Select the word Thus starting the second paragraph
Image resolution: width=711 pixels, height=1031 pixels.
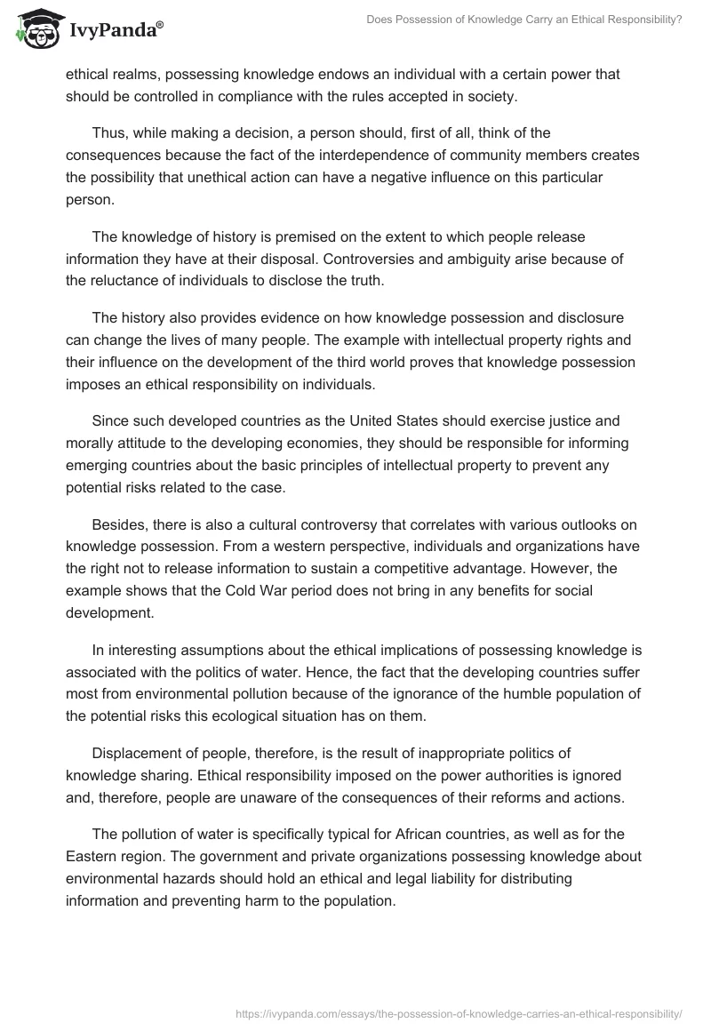(x=108, y=133)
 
